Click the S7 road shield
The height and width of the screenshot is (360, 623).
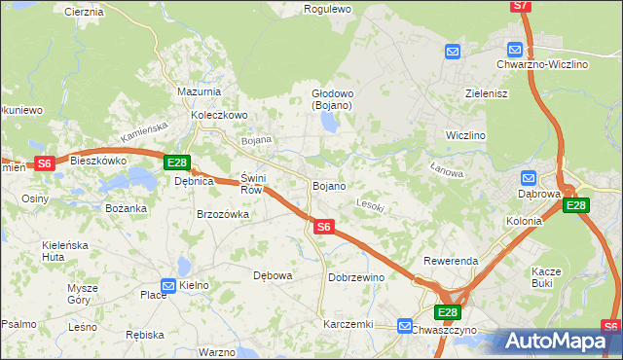click(521, 6)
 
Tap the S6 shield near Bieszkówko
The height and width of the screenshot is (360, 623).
click(44, 163)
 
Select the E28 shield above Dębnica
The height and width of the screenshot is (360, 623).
click(176, 163)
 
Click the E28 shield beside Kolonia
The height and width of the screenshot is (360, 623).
click(576, 205)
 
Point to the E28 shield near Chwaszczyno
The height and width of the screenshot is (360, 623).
click(447, 312)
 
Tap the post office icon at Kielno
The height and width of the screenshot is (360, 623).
click(168, 285)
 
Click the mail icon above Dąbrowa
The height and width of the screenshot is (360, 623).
click(528, 178)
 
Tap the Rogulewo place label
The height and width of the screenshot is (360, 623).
click(327, 9)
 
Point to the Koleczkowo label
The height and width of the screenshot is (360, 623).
click(220, 115)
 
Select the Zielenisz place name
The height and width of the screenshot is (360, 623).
click(460, 94)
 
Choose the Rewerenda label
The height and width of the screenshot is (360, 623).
click(450, 262)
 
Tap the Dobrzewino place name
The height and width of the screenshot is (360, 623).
click(355, 277)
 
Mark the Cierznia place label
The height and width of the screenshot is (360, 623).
click(83, 12)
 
